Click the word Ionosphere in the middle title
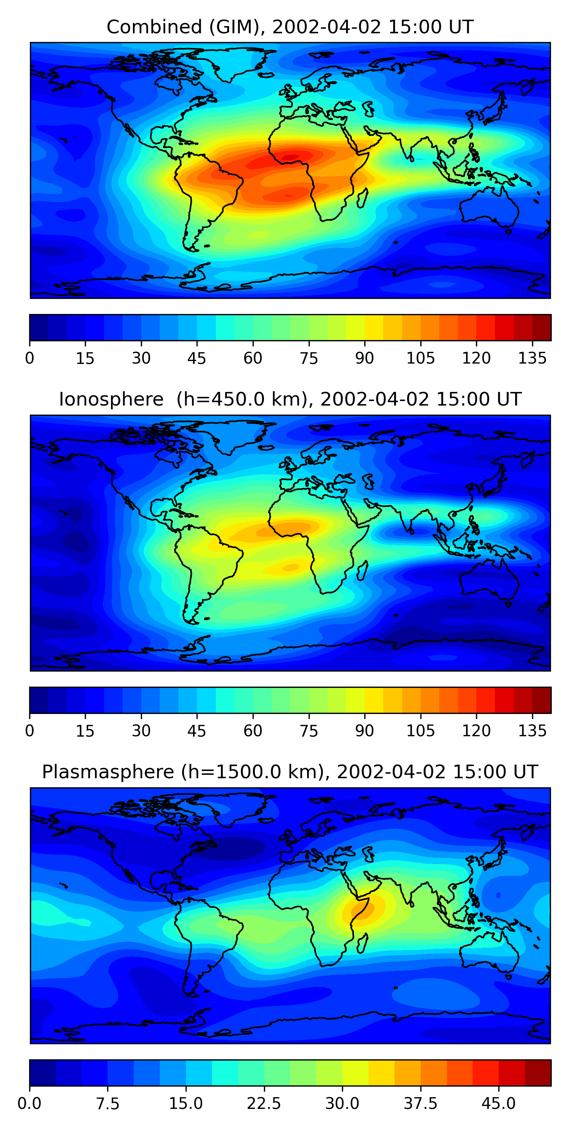tap(111, 400)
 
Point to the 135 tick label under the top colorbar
tap(532, 358)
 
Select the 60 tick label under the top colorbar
tap(253, 358)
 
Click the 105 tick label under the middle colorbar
tap(420, 731)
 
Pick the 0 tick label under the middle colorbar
tap(30, 731)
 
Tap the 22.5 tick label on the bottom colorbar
tap(264, 1103)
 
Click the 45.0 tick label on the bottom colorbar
tap(498, 1103)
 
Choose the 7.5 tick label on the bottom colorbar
tap(108, 1103)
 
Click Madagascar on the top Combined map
tap(362, 198)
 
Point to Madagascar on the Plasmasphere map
tap(362, 943)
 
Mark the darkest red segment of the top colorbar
tap(541, 327)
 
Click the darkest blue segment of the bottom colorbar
tap(42, 1073)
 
